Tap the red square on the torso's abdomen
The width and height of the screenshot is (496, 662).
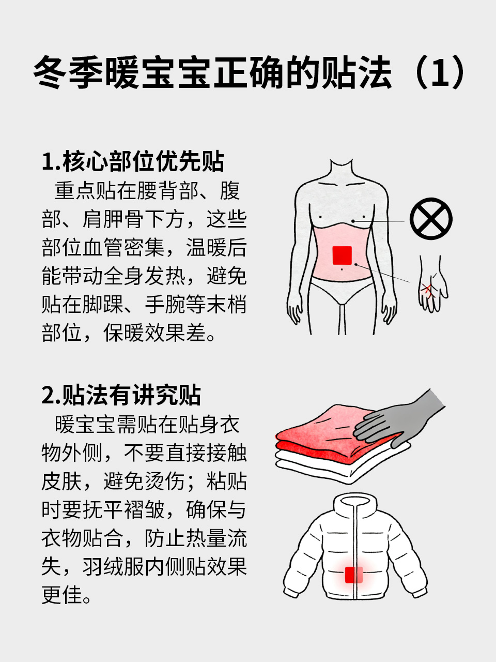(x=342, y=255)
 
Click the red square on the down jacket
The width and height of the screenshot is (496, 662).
(x=353, y=575)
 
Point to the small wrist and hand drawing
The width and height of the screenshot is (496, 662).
(x=432, y=284)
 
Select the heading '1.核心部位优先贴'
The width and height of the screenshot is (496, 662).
(x=133, y=162)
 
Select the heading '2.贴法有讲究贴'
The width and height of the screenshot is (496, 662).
(x=121, y=395)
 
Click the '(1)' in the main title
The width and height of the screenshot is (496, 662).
(x=439, y=72)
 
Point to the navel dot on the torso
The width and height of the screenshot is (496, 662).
(x=342, y=269)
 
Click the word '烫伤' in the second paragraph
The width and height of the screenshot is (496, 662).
(x=164, y=481)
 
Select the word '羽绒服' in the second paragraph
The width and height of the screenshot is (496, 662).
(x=113, y=567)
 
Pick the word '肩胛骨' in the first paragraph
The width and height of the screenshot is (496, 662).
(x=113, y=219)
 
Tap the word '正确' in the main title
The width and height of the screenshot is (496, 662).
(x=248, y=72)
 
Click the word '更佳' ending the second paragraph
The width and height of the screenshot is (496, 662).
(x=61, y=595)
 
